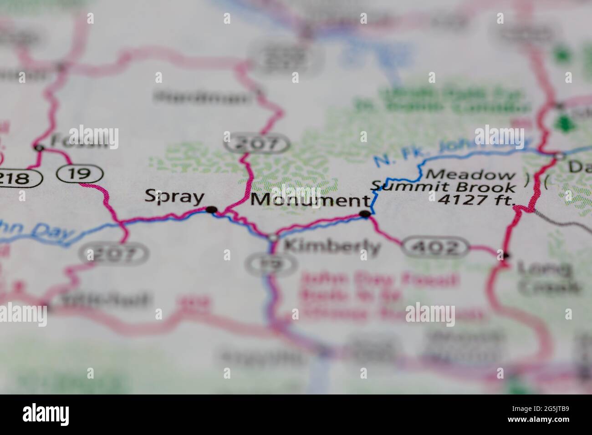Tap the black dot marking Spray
pyautogui.click(x=211, y=210)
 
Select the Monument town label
pyautogui.click(x=310, y=200)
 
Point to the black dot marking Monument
pyautogui.click(x=365, y=213)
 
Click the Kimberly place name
pyautogui.click(x=332, y=247)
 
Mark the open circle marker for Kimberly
pyautogui.click(x=273, y=238)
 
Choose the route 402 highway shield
pyautogui.click(x=435, y=248)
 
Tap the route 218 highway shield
pyautogui.click(x=18, y=177)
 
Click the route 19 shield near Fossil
pyautogui.click(x=80, y=173)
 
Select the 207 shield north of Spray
pyautogui.click(x=257, y=144)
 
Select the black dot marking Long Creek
pyautogui.click(x=505, y=255)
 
